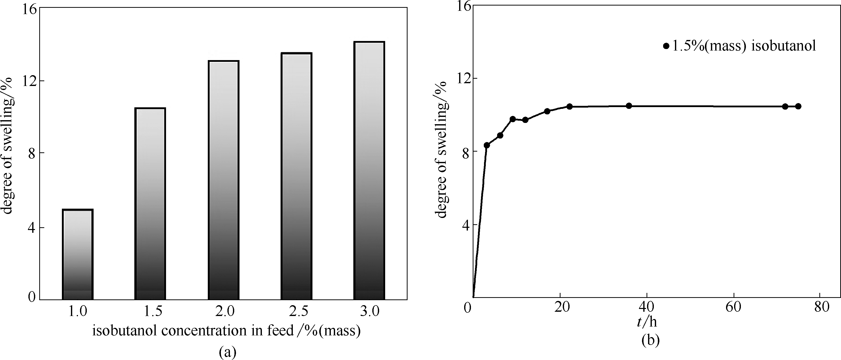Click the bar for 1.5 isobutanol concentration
click(150, 204)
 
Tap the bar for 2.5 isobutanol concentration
click(296, 176)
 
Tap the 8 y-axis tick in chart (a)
click(32, 153)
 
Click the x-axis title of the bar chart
click(227, 331)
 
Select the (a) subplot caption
click(228, 352)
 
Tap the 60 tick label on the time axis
click(734, 307)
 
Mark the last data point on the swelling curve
click(798, 106)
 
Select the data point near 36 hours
click(629, 106)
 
